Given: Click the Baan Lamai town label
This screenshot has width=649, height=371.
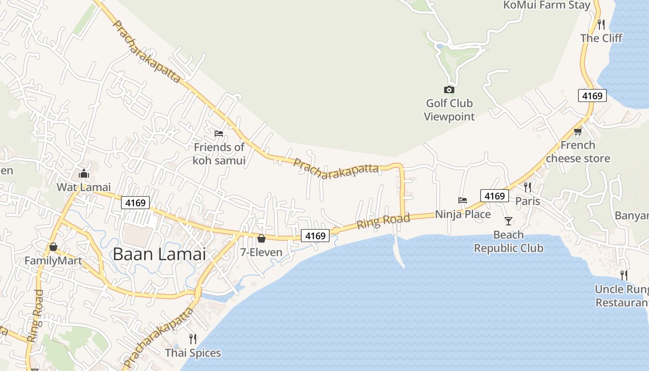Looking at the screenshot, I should pyautogui.click(x=159, y=254).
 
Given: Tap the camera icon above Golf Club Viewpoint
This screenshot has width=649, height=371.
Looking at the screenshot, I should pyautogui.click(x=449, y=90).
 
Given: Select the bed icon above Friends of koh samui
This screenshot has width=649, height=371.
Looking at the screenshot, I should pyautogui.click(x=219, y=134).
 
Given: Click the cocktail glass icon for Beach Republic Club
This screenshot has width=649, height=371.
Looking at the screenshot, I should pyautogui.click(x=509, y=221).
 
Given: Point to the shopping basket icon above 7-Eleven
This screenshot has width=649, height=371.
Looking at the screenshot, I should pyautogui.click(x=261, y=239).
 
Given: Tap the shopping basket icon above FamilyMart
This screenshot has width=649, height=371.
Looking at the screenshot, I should pyautogui.click(x=53, y=247).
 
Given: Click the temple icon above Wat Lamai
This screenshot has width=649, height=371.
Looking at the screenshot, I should pyautogui.click(x=84, y=174).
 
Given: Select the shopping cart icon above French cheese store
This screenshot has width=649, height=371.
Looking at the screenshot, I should pyautogui.click(x=578, y=132).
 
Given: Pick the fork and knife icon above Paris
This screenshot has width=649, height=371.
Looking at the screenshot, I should pyautogui.click(x=528, y=187).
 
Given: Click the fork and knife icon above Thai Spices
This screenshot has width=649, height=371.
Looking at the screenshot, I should pyautogui.click(x=193, y=339).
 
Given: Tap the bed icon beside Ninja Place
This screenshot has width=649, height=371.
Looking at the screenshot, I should pyautogui.click(x=463, y=200).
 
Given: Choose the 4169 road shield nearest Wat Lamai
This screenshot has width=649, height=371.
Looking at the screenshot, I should pyautogui.click(x=136, y=203).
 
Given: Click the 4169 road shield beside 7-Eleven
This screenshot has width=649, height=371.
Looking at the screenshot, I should pyautogui.click(x=315, y=236).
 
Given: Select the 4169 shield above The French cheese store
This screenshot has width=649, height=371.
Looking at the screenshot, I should pyautogui.click(x=592, y=96).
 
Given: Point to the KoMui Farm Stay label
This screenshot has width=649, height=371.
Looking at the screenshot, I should pyautogui.click(x=547, y=5).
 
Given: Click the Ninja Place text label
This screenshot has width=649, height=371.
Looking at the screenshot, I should pyautogui.click(x=463, y=214).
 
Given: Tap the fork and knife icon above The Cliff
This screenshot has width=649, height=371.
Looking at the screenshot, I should pyautogui.click(x=601, y=24).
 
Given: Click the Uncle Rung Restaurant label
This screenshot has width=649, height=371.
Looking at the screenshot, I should pyautogui.click(x=622, y=296).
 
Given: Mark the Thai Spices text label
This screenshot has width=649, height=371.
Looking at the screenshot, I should pyautogui.click(x=193, y=353).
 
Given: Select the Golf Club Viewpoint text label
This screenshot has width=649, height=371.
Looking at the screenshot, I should pyautogui.click(x=450, y=110).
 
